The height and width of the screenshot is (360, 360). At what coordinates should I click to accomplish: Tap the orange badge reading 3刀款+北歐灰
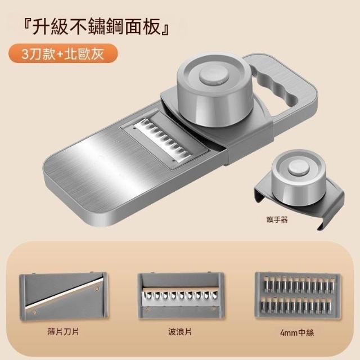[x=63, y=53]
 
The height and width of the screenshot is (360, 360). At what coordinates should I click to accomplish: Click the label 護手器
[x=277, y=220]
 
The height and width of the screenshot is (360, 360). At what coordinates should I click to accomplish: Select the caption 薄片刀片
[x=63, y=332]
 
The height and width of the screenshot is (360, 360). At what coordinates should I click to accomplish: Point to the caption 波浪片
[x=180, y=332]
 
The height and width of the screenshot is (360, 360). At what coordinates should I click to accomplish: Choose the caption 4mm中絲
[x=297, y=332]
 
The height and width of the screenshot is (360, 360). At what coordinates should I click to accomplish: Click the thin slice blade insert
[x=64, y=296]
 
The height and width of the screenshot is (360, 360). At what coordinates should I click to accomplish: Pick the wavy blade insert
[x=181, y=295]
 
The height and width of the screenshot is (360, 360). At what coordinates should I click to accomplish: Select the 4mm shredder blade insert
[x=298, y=295]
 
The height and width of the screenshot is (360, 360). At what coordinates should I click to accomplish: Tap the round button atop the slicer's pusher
[x=214, y=76]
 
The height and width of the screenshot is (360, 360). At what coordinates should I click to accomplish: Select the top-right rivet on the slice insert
[x=97, y=289]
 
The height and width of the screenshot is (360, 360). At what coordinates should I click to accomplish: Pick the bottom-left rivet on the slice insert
[x=34, y=312]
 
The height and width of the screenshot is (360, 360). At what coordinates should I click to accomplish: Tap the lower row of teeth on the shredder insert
[x=296, y=305]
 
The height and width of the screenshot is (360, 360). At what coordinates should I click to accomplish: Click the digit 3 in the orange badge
[x=25, y=55]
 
